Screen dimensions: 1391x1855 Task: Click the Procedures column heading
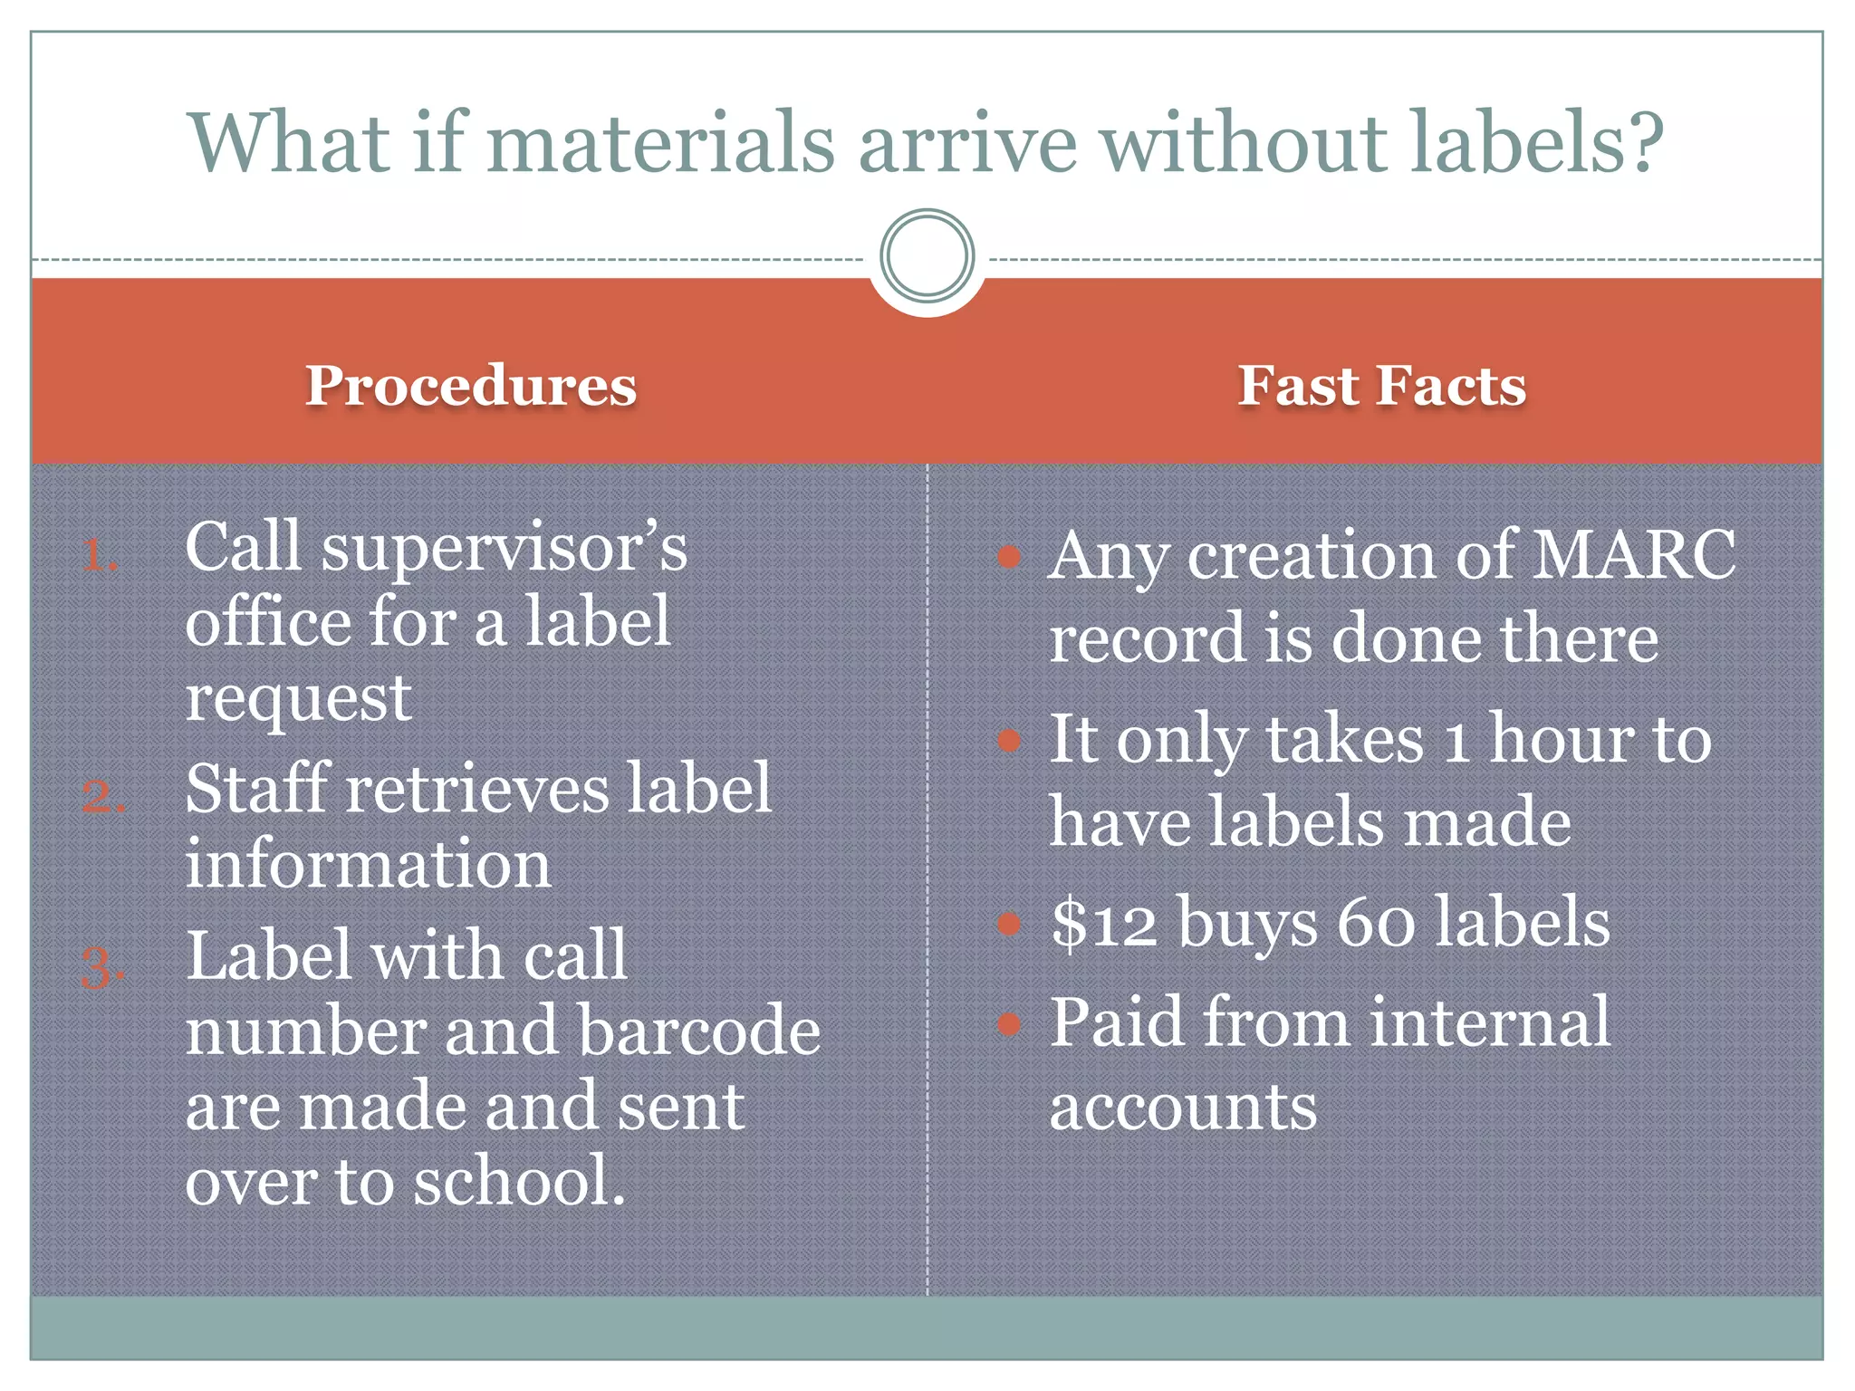(x=471, y=386)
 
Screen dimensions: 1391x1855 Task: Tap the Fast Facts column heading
(x=1381, y=386)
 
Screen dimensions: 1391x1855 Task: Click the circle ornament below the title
(x=927, y=256)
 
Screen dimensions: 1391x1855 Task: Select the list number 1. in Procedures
(x=99, y=555)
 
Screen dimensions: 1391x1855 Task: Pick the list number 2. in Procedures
(x=102, y=797)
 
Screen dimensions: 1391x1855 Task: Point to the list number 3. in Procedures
(x=102, y=967)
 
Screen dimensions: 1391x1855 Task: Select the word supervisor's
(x=504, y=549)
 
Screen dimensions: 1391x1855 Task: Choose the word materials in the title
(x=661, y=143)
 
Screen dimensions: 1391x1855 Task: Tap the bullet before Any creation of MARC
(x=1009, y=557)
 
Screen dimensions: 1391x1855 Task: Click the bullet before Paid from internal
(x=1009, y=1024)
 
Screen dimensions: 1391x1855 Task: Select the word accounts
(x=1183, y=1107)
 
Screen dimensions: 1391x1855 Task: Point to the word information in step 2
(x=368, y=864)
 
